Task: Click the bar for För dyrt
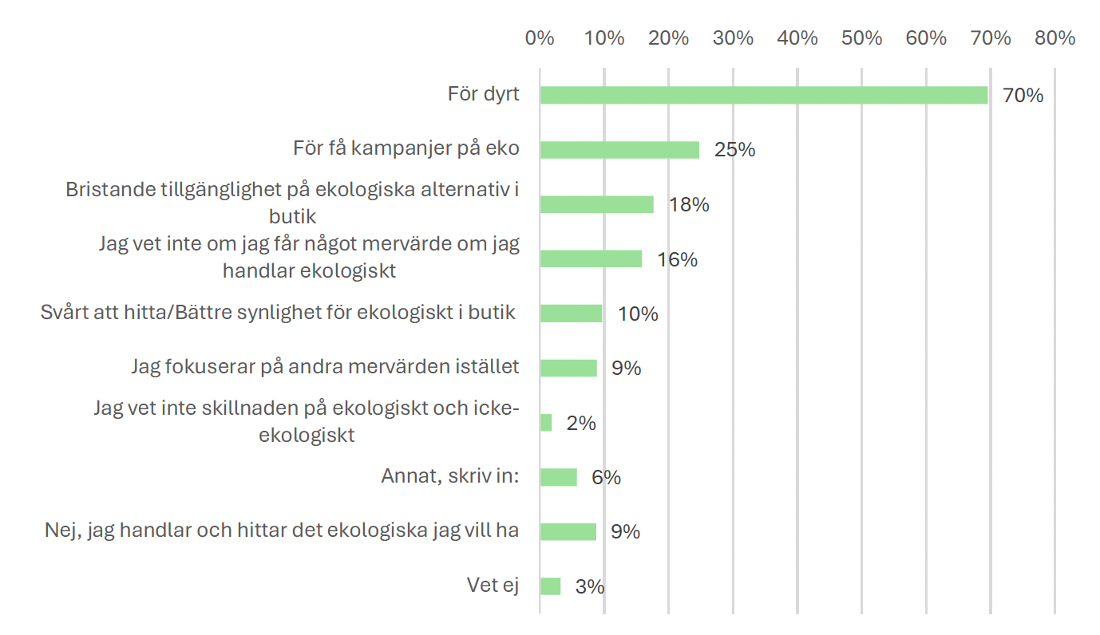coord(763,95)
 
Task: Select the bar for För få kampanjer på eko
coord(619,150)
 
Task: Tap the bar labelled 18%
coord(596,204)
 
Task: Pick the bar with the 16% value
coord(591,259)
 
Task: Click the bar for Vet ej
coord(550,586)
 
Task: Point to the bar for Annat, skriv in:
coord(558,477)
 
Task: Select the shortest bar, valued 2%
coord(546,423)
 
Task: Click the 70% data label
coord(1023,96)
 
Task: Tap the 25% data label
coord(734,150)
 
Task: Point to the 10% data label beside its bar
coord(637,314)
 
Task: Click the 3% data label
coord(589,587)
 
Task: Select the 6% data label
coord(606,478)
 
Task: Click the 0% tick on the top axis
coord(540,38)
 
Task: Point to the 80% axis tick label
coord(1055,38)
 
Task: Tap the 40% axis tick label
coord(797,38)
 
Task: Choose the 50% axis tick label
coord(862,38)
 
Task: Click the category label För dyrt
coord(483,94)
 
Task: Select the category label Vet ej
coord(493,586)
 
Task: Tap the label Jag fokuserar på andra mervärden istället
coord(325,367)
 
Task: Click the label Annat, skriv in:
coord(450,476)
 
